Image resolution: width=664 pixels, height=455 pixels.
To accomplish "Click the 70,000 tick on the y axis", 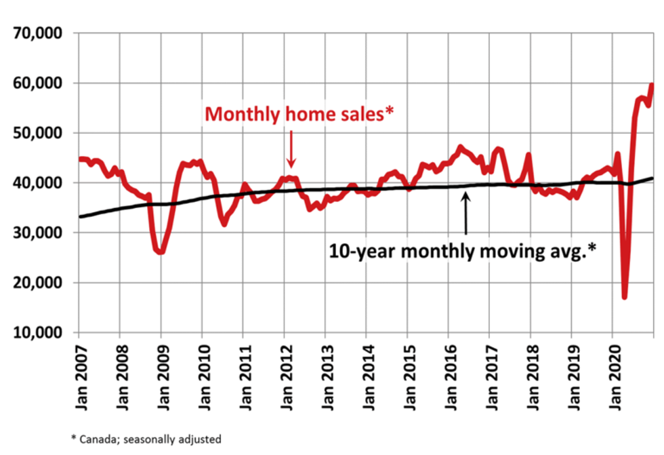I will (39, 33).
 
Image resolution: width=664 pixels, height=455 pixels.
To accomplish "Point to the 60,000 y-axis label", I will (39, 83).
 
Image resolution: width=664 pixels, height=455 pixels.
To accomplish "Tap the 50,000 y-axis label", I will (39, 133).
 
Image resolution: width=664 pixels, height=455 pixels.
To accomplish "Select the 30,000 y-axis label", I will (39, 233).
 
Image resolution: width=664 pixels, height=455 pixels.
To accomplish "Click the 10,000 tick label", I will (39, 332).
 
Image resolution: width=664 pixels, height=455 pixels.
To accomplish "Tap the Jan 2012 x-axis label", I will (284, 376).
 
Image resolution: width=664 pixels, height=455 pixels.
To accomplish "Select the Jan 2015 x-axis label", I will (407, 376).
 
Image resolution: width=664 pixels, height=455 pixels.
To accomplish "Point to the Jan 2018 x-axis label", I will (531, 376).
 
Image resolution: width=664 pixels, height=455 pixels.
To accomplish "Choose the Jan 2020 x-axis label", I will (613, 376).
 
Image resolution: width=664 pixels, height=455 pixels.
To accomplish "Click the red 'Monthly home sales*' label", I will (291, 114).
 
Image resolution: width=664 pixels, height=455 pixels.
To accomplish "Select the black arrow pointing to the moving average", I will (466, 213).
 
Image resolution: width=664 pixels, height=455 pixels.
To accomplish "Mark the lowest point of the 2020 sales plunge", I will (624, 296).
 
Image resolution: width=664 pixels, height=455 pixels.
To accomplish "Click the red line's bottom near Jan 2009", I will (160, 252).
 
